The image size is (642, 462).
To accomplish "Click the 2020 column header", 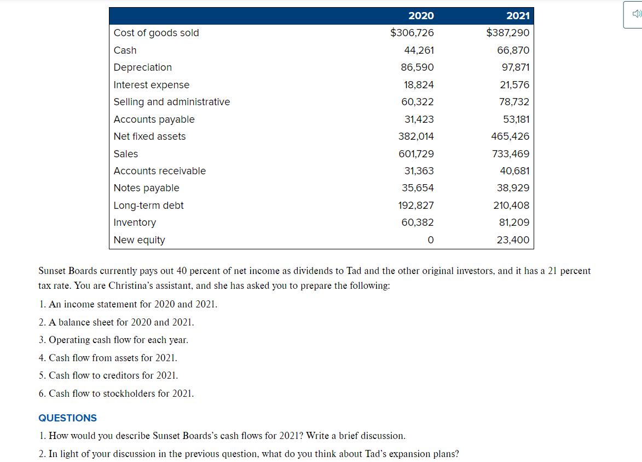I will point(421,16).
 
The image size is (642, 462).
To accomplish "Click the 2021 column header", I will point(517,16).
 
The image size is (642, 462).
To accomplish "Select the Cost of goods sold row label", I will point(156,33).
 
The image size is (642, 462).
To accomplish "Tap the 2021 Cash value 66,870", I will point(514,50).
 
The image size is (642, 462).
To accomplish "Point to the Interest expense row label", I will point(151,85).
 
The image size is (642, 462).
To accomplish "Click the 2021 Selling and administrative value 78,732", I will point(514,102).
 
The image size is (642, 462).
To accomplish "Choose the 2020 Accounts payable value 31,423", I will point(419,119).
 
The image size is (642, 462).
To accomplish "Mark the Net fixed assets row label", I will point(149,136).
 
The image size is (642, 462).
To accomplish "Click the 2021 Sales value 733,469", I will point(511,154).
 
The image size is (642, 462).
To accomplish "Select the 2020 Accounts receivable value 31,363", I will point(419,171).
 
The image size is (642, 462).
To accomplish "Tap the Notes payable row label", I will point(146,188).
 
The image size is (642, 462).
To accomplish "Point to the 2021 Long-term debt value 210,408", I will point(511,206).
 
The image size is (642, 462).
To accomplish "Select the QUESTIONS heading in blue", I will point(67,418).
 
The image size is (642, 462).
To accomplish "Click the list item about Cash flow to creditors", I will point(108,375).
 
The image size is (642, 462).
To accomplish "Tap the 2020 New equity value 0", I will point(430,240).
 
